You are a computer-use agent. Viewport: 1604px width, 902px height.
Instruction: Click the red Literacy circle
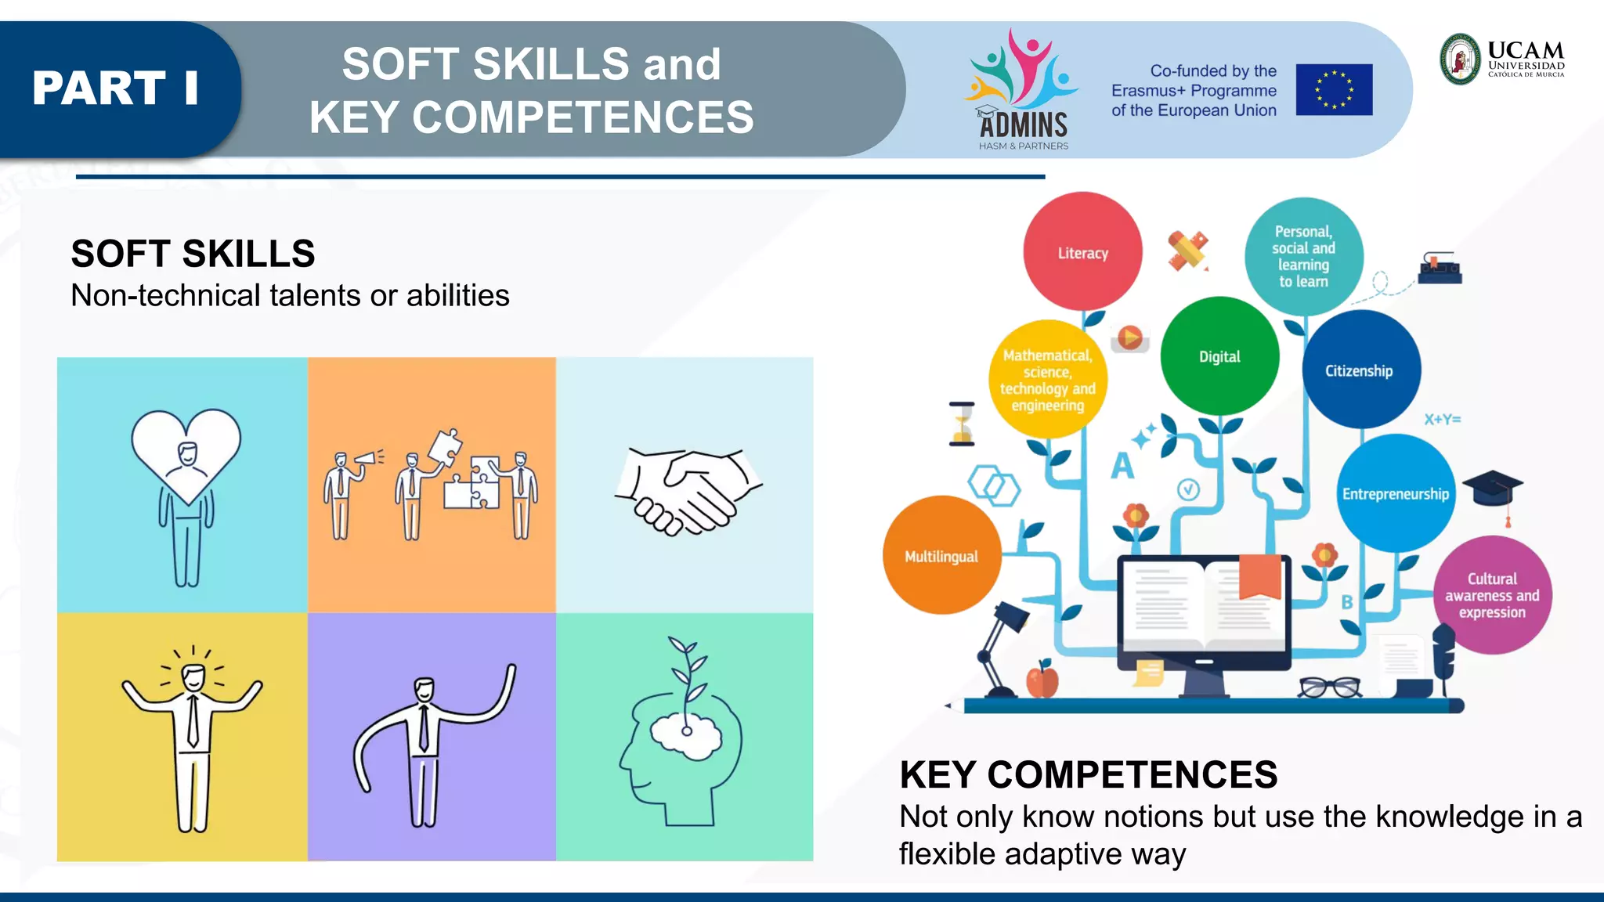[1082, 251]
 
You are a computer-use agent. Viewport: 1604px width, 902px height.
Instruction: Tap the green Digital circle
[1219, 356]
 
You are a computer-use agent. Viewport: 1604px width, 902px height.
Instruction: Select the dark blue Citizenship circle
[1360, 370]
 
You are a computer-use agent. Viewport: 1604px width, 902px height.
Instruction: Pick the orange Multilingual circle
[941, 555]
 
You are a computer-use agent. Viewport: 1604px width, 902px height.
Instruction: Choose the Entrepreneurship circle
[1396, 493]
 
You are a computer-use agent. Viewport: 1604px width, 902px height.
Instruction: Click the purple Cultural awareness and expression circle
[1492, 595]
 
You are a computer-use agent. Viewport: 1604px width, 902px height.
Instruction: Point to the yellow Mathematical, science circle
[1048, 380]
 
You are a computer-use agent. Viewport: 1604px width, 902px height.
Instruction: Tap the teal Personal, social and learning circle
[1304, 256]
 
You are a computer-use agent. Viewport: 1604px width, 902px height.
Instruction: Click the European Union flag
[1334, 89]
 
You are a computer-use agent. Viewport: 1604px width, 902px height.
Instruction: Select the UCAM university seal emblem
[1461, 60]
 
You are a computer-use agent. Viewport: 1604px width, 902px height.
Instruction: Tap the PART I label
[115, 88]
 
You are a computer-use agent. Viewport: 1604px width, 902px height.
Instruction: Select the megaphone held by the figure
[367, 458]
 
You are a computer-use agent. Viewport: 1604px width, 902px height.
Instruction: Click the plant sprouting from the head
[687, 673]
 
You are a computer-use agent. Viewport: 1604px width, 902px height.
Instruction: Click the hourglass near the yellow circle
[962, 424]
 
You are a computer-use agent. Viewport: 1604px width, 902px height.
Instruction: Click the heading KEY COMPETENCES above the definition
[1088, 774]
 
